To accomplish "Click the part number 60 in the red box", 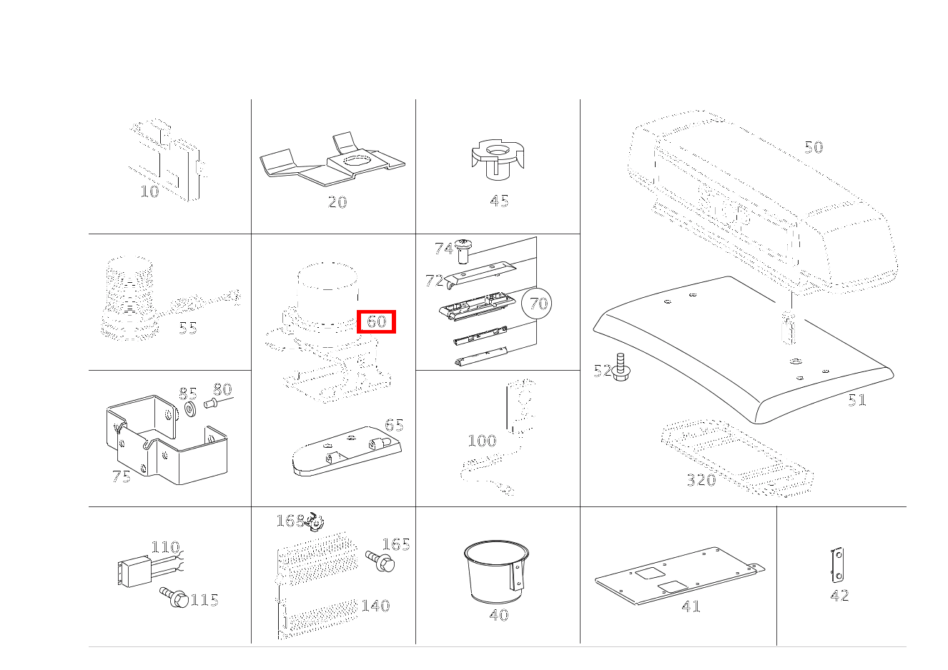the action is coord(376,321).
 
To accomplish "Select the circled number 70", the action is coord(537,303).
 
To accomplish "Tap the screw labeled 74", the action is coord(463,251).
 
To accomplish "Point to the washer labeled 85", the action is coord(190,409).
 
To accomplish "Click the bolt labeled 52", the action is coord(621,367).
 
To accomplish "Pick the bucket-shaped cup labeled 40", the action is coord(496,571).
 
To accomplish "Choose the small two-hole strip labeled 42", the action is coord(837,564).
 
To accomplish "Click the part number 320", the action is coord(701,480).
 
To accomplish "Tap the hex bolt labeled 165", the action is coord(380,561).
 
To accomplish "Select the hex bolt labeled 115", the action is coord(174,597).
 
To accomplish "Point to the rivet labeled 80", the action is coord(211,404).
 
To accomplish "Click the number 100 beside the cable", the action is coord(482,441).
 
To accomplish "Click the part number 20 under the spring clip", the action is coord(337,202).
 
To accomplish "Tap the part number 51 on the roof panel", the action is coord(857,400).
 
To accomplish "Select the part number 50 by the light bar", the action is coord(814,147).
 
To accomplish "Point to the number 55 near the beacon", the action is coord(188,328).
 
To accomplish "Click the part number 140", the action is coord(375,606).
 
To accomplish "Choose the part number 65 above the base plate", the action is coord(394,425).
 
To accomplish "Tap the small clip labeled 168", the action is coord(314,521).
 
